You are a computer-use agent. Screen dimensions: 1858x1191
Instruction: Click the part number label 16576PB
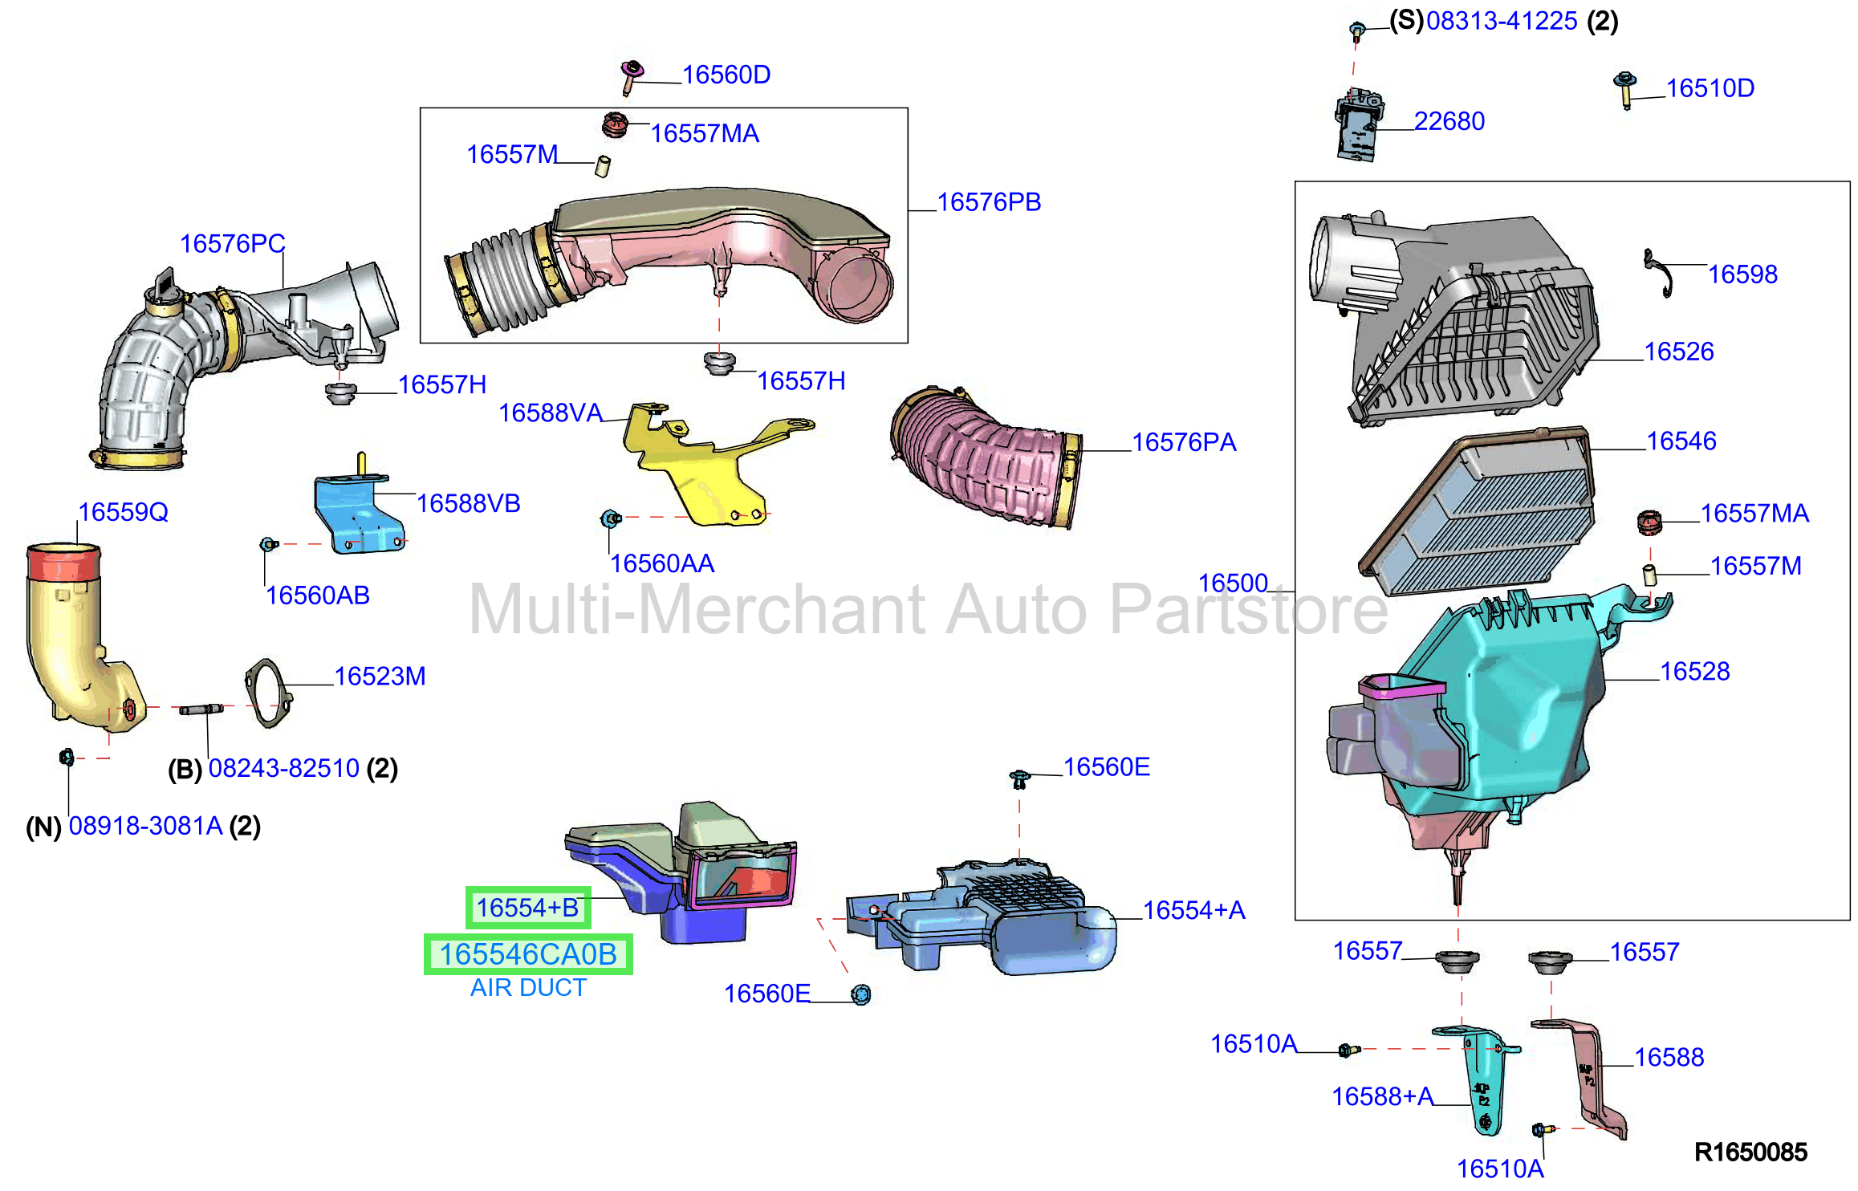click(989, 202)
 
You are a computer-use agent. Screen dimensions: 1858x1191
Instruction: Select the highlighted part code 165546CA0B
click(528, 954)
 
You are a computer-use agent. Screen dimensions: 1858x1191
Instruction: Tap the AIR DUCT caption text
click(528, 988)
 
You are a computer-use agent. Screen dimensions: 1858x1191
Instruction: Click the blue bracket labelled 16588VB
click(359, 507)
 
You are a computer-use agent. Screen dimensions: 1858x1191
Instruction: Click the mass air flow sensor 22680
click(1359, 127)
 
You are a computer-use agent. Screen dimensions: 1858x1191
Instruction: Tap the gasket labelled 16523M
click(268, 693)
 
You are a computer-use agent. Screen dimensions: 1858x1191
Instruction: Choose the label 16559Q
click(123, 512)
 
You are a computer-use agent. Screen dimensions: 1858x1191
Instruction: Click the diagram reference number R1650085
click(1750, 1152)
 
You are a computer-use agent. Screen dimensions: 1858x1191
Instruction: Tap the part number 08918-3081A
click(145, 826)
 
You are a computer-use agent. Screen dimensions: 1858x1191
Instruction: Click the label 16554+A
click(1193, 910)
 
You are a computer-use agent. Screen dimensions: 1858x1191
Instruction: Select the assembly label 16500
click(1233, 583)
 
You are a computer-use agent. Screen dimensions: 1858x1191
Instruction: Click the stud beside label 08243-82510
click(201, 709)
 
